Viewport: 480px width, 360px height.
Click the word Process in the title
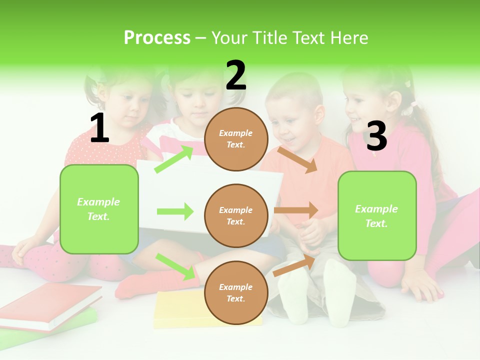click(157, 38)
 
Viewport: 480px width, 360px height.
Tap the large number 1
click(99, 128)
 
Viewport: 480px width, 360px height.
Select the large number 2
click(236, 75)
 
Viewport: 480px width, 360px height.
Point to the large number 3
click(376, 136)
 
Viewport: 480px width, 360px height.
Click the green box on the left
click(99, 209)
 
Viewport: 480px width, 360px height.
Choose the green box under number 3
click(377, 215)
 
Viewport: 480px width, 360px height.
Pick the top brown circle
click(236, 139)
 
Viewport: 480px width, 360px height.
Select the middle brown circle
click(236, 215)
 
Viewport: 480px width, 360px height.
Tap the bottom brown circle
click(236, 292)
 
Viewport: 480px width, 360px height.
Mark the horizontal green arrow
click(175, 211)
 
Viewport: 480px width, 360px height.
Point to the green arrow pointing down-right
click(175, 266)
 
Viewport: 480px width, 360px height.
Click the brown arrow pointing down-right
click(297, 159)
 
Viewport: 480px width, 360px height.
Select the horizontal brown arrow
click(295, 210)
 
